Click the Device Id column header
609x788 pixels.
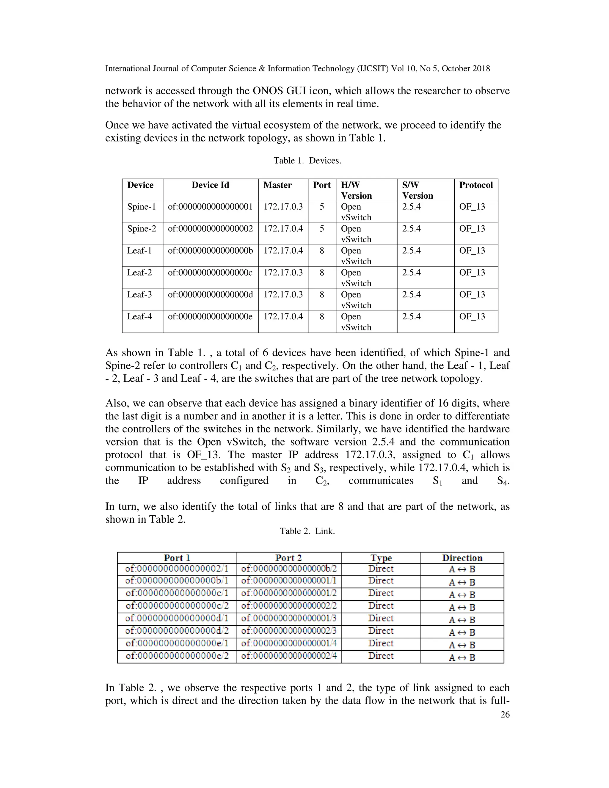pos(210,185)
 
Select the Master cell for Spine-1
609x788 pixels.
pos(283,207)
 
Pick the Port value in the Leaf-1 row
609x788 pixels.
pos(321,250)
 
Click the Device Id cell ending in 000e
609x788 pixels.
pos(210,316)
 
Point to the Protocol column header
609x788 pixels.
pos(475,185)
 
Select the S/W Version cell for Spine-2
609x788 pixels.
pos(411,229)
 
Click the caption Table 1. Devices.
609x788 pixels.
pos(307,161)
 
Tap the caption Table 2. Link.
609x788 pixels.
pos(307,531)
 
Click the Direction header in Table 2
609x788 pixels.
pos(462,558)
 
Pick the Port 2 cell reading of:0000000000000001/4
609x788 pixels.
pos(289,643)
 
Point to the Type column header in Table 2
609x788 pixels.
pos(381,558)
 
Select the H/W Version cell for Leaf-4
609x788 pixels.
pos(356,322)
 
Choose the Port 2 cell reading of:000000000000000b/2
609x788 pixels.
pos(289,569)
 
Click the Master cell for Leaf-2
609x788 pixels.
pos(283,272)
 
